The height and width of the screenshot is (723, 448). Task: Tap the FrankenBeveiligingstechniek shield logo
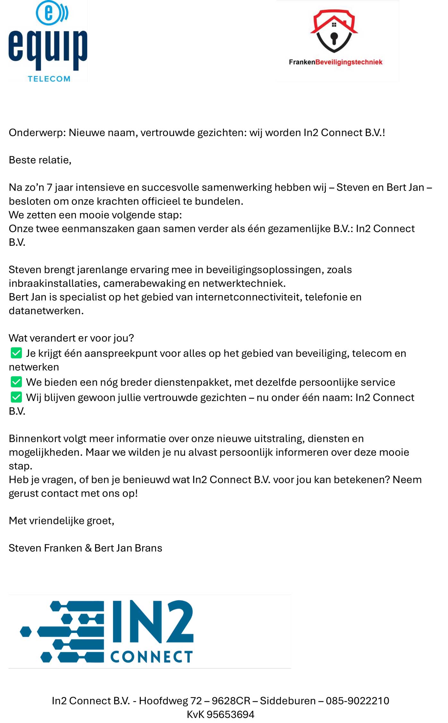click(334, 31)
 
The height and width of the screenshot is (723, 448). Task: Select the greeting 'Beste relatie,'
click(40, 160)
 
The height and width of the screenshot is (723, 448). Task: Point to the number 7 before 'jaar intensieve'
click(49, 187)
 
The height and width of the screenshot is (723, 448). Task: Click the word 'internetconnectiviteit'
click(249, 297)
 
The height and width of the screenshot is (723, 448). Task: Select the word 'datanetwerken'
click(46, 311)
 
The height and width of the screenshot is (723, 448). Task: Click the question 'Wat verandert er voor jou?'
click(71, 338)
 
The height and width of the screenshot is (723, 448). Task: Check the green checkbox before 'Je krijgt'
click(16, 353)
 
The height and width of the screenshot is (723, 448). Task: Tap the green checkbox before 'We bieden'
click(16, 382)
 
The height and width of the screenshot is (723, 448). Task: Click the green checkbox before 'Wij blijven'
click(16, 397)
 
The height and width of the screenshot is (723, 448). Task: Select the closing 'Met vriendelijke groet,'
click(61, 521)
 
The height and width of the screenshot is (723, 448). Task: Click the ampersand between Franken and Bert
click(88, 548)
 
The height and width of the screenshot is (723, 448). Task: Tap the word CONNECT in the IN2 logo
click(151, 657)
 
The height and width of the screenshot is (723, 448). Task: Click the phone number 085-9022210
click(357, 701)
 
